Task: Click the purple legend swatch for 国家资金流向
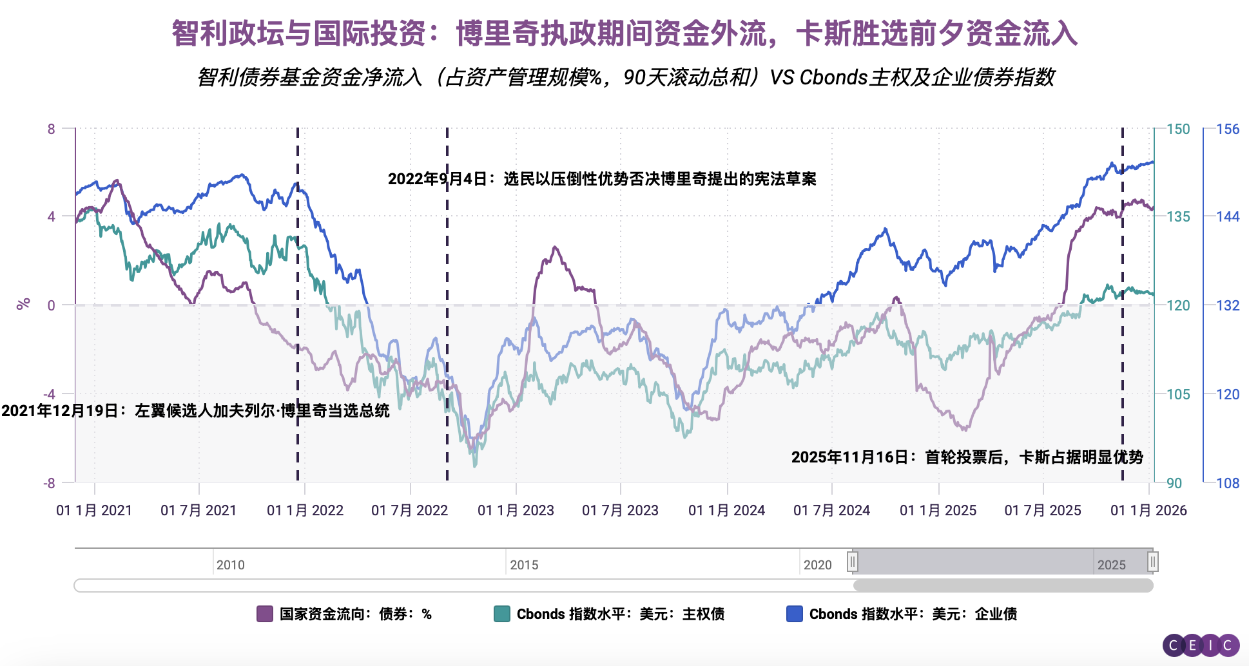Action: click(265, 614)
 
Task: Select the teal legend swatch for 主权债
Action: click(501, 614)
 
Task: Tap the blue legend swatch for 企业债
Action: click(795, 614)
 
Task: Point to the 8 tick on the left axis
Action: click(52, 129)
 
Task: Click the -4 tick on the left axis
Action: click(49, 394)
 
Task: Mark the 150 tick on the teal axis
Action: click(1178, 129)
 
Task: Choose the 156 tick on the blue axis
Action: click(1228, 129)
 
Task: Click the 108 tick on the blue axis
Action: click(1228, 483)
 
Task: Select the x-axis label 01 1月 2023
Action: click(516, 511)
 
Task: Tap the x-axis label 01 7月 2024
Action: click(831, 511)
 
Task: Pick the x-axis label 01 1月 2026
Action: click(1148, 511)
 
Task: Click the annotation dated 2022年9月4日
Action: click(602, 179)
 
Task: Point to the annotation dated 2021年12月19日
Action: click(195, 411)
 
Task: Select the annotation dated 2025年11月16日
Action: click(967, 457)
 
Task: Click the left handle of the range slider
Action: click(853, 562)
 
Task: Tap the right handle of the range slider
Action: click(1153, 562)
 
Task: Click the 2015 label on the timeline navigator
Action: click(524, 565)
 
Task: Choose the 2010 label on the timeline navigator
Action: click(230, 565)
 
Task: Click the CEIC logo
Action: click(1201, 645)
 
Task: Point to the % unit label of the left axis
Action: click(23, 304)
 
